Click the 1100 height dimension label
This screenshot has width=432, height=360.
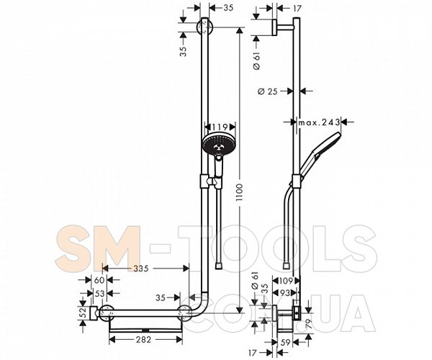[239, 193]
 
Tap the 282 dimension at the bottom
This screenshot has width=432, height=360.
[143, 340]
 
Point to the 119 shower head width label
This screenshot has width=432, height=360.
[220, 127]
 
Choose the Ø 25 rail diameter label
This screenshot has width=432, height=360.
[268, 91]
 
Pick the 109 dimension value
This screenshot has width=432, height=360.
[287, 281]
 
